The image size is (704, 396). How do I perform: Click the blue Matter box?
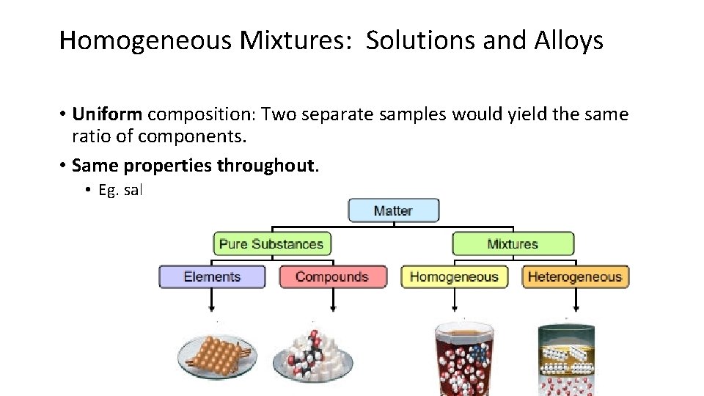[x=393, y=210]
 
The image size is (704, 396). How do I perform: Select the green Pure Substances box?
[x=271, y=243]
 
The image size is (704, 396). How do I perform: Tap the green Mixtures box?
[x=513, y=243]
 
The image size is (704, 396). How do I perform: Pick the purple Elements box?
[x=212, y=276]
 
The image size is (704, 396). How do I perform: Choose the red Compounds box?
[x=332, y=276]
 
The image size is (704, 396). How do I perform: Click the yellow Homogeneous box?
[x=454, y=276]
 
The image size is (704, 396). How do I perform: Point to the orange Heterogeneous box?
[x=575, y=276]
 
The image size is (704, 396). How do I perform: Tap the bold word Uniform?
[x=108, y=114]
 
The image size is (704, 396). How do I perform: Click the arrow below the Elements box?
[x=212, y=301]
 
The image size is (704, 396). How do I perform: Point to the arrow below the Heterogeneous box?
[x=575, y=301]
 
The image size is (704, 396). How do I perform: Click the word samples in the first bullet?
[x=409, y=114]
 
